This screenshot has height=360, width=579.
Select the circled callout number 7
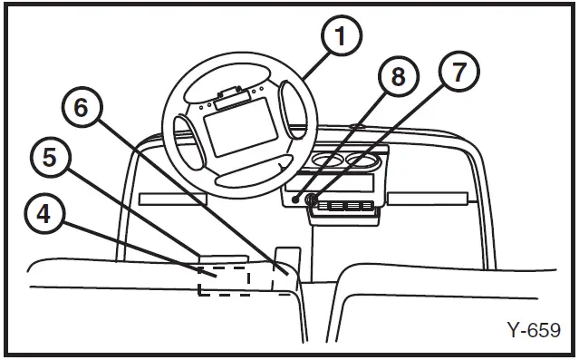point(459,71)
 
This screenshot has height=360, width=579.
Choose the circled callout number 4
point(39,215)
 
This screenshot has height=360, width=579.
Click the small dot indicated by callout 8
point(296,199)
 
